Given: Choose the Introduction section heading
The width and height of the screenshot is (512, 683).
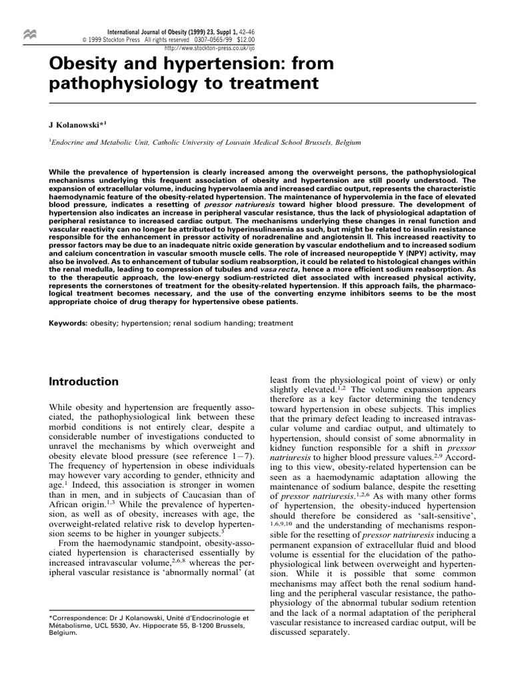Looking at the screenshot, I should tap(84, 382).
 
